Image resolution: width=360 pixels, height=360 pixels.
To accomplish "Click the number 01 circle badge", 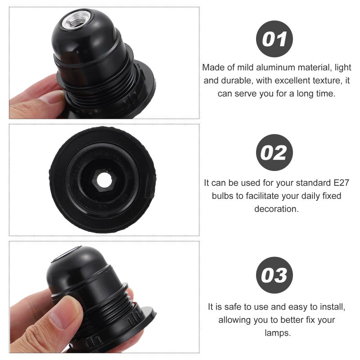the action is [274, 39].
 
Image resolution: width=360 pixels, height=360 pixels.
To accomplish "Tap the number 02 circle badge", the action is [274, 153].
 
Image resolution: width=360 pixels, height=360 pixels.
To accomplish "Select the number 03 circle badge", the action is [274, 275].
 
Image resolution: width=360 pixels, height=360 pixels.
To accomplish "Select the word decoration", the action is [276, 209].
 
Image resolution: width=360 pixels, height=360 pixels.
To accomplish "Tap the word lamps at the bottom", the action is [278, 333].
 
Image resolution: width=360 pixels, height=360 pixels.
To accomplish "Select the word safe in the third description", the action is [233, 307].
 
